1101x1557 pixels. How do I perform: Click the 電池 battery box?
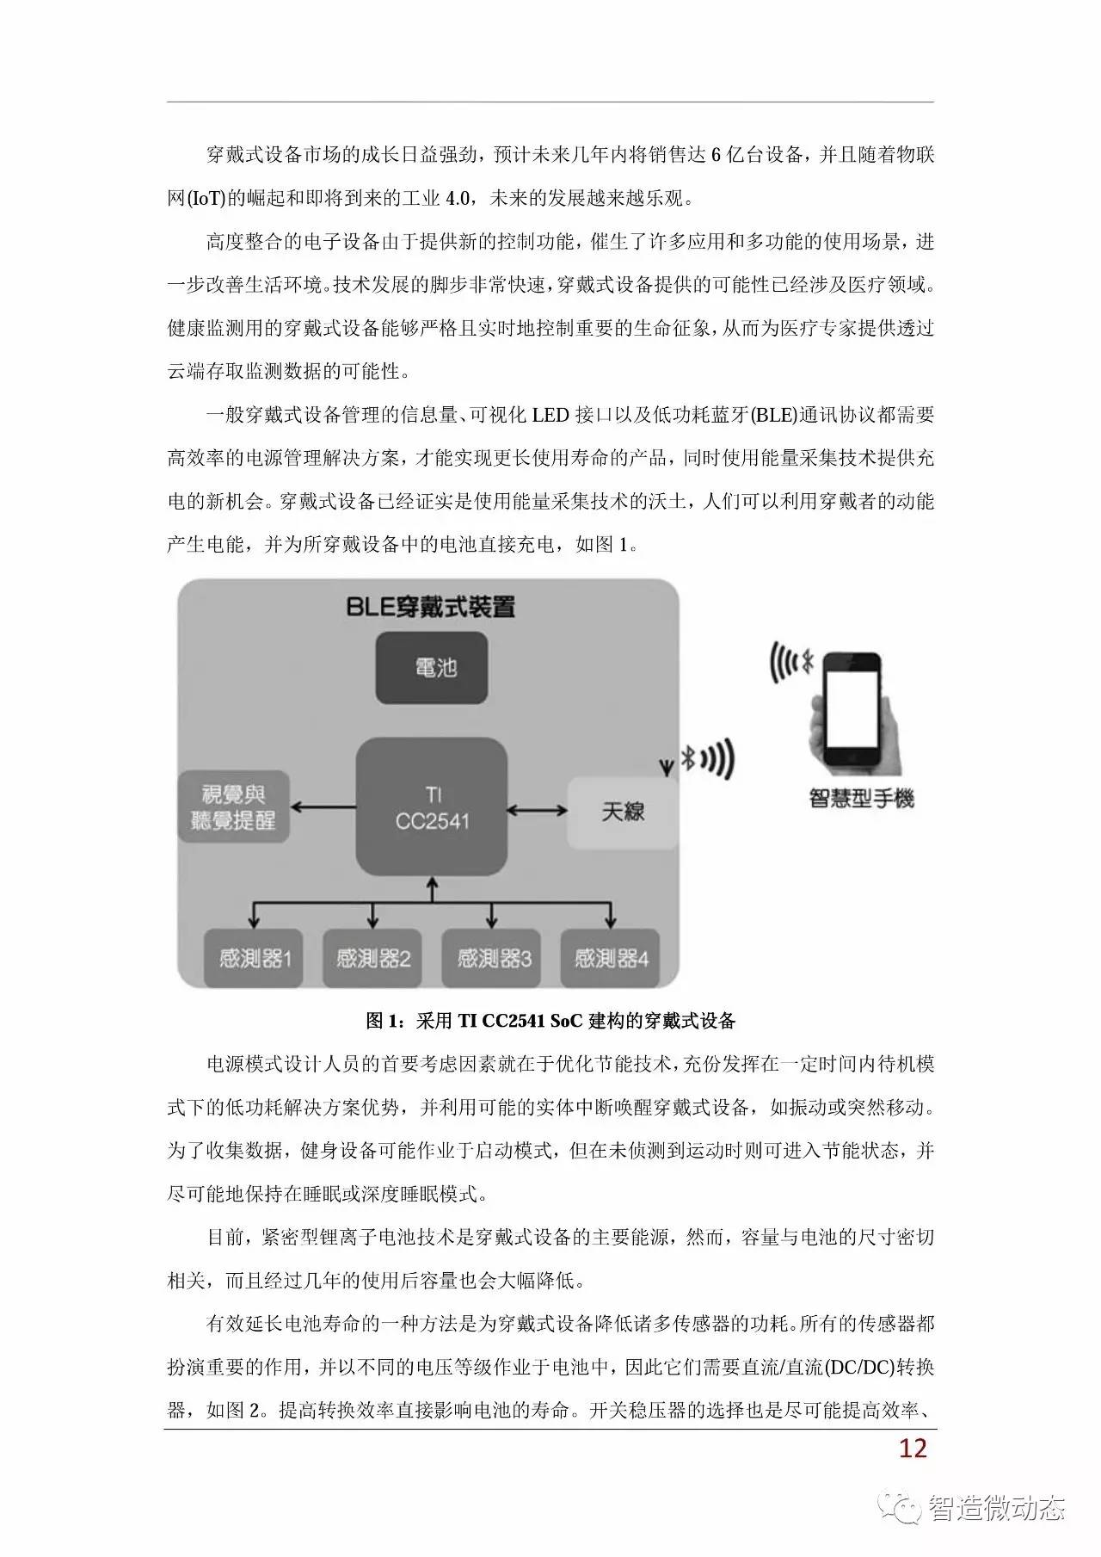click(432, 668)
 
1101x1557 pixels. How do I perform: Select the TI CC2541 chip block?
click(432, 806)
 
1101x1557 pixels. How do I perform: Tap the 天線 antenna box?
click(623, 811)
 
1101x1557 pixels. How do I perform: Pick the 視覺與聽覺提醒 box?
click(233, 806)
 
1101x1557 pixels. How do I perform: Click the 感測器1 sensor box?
click(255, 958)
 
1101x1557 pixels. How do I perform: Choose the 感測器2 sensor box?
click(372, 958)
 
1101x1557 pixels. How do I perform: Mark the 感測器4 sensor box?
click(611, 958)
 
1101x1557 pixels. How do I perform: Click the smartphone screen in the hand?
click(854, 713)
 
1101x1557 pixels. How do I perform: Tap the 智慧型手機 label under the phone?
click(861, 799)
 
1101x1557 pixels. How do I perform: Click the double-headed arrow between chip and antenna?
click(537, 810)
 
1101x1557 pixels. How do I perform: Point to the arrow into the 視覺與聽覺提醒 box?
click(323, 806)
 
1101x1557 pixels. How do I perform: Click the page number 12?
click(913, 1448)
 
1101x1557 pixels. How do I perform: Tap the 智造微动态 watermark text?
click(996, 1508)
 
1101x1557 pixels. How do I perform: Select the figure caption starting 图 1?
click(550, 1021)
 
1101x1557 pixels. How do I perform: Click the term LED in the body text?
click(550, 415)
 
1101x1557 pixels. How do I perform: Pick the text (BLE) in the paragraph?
click(773, 415)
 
